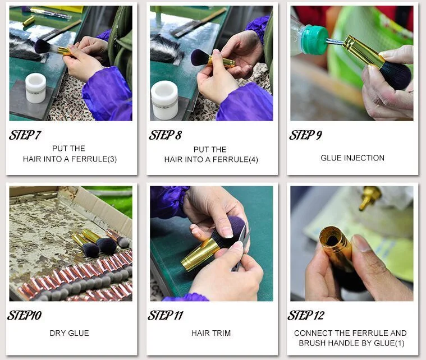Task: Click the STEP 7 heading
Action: click(x=25, y=135)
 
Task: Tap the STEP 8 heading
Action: click(x=165, y=135)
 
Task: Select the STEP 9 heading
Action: click(x=306, y=135)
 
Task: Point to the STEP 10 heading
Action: click(x=25, y=316)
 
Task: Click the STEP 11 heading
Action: click(x=166, y=316)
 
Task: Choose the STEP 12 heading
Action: click(x=306, y=316)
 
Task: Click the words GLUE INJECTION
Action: click(x=352, y=158)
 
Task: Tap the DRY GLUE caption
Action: click(x=69, y=333)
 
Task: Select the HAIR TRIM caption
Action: click(x=211, y=333)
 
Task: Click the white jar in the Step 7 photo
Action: click(x=35, y=88)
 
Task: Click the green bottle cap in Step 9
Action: click(x=314, y=40)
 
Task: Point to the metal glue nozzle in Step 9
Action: click(x=335, y=41)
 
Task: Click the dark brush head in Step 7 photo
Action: click(x=43, y=47)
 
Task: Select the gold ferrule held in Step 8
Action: click(x=222, y=62)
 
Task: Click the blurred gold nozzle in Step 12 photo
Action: click(x=369, y=197)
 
